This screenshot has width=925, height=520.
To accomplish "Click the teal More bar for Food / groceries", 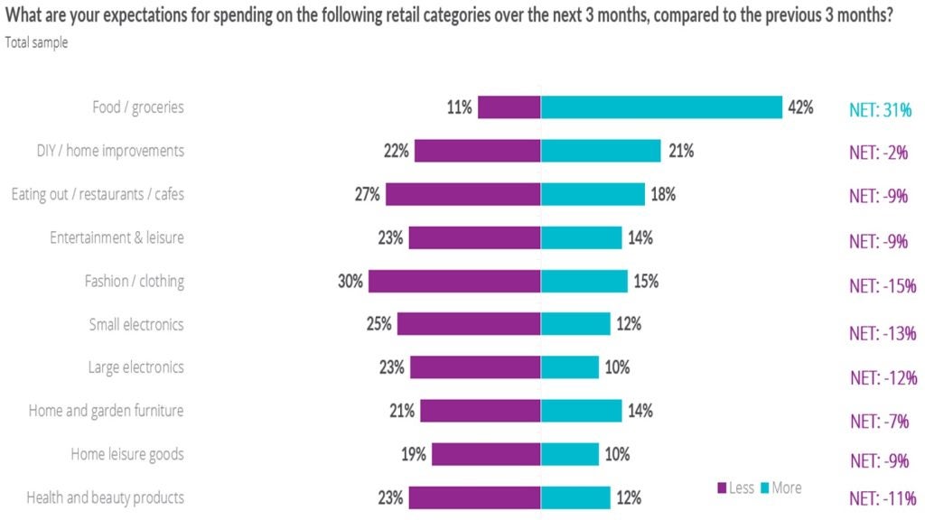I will pos(661,107).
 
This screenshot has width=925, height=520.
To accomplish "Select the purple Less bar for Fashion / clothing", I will pos(454,281).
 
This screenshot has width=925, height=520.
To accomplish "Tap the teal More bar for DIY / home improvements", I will pos(601,151).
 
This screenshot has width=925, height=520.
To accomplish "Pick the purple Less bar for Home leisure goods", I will pos(486,454).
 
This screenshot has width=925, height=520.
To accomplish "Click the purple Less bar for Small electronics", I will pos(469,324).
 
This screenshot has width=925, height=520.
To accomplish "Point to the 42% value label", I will pos(800,107).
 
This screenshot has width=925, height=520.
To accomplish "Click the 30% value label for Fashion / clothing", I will pos(351,281).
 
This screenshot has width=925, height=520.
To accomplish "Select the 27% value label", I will pos(369,194).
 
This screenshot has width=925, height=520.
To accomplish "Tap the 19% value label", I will pos(414,454).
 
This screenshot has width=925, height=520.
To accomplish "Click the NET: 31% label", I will pos(880,108).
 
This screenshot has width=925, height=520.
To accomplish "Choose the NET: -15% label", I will pos(883,286).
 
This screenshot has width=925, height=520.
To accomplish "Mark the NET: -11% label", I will pos(883,497).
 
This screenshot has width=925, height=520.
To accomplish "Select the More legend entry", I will pos(780,488).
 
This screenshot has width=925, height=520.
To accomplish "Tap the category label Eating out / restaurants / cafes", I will pos(98,194).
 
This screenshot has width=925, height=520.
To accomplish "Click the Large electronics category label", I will pos(135,367).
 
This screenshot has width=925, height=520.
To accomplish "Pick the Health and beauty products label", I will pos(105,497).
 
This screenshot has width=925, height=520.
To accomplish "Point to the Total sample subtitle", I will pos(35,42).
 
